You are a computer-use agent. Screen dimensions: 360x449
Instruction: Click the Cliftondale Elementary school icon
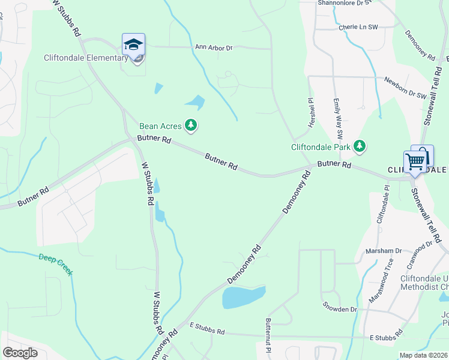133,44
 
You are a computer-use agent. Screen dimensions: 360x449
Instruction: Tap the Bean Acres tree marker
191,125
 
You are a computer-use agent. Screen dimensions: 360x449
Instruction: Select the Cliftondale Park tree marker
360,146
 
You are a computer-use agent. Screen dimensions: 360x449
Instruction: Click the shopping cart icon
415,161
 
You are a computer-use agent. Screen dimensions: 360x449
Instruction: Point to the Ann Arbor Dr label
213,47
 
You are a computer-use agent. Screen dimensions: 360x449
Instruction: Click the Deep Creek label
56,265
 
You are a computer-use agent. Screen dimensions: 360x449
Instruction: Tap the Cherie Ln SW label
358,27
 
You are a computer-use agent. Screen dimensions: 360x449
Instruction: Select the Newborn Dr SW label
405,88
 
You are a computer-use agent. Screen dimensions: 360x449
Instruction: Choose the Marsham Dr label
386,251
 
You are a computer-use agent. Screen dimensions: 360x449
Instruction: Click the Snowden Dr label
339,309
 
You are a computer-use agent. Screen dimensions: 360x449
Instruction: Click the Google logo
20,352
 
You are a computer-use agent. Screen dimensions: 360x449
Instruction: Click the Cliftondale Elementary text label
86,58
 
